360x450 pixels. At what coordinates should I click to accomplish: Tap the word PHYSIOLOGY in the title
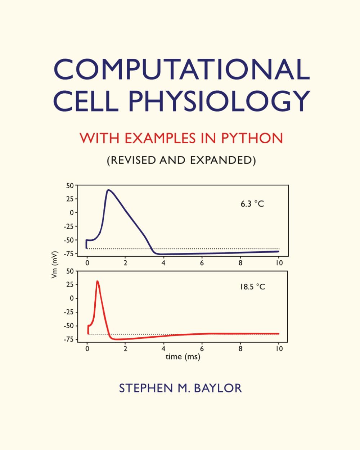pyautogui.click(x=219, y=100)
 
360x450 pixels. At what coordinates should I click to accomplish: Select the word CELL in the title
pyautogui.click(x=86, y=100)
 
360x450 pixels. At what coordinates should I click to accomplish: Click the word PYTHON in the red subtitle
pyautogui.click(x=252, y=138)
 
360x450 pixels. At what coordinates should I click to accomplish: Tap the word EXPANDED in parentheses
pyautogui.click(x=222, y=160)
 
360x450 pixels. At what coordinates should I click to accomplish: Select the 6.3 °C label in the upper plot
pyautogui.click(x=252, y=204)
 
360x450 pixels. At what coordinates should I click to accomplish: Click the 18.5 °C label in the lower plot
pyautogui.click(x=252, y=287)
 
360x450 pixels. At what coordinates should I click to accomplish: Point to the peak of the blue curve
pyautogui.click(x=108, y=190)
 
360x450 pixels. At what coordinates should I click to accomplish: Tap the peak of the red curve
pyautogui.click(x=97, y=281)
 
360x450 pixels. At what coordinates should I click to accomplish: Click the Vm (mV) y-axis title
pyautogui.click(x=55, y=265)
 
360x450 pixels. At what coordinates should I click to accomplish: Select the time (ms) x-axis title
pyautogui.click(x=183, y=357)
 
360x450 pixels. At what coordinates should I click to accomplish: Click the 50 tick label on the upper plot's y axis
pyautogui.click(x=69, y=186)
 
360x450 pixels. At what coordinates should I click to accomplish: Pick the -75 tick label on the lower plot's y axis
pyautogui.click(x=68, y=339)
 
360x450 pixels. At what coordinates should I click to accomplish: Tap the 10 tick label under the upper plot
pyautogui.click(x=279, y=263)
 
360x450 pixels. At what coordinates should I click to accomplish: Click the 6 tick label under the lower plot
pyautogui.click(x=202, y=348)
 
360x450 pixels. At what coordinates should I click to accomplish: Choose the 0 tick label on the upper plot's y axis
pyautogui.click(x=71, y=213)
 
